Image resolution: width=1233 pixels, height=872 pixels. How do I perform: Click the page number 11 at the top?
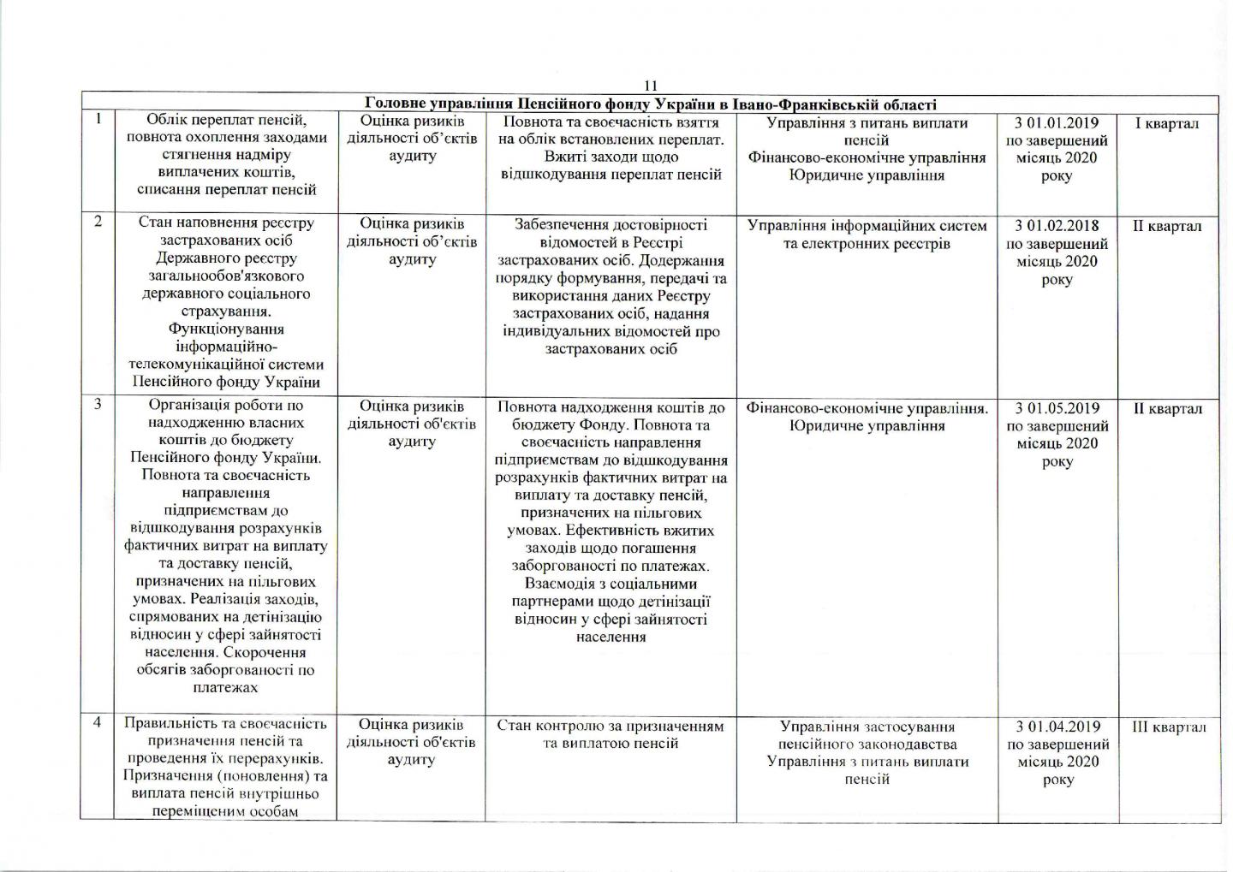[x=650, y=86]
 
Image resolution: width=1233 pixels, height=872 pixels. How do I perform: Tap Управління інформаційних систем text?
[x=867, y=226]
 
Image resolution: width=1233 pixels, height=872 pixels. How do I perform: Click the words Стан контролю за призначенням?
[x=611, y=726]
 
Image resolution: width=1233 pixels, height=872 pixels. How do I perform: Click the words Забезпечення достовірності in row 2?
[x=611, y=225]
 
